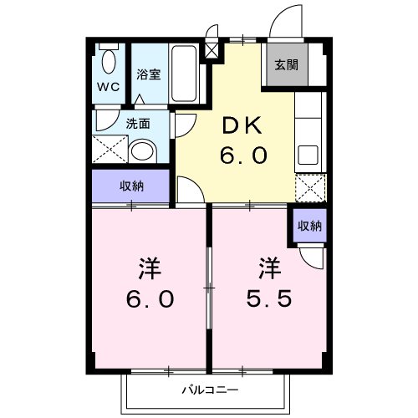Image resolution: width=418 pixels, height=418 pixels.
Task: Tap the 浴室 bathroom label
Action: coord(150,74)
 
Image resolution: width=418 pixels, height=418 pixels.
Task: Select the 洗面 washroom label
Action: coord(139,124)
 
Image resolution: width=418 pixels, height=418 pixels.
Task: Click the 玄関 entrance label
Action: coord(286,65)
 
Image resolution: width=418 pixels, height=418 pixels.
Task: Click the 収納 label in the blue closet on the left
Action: coord(131,186)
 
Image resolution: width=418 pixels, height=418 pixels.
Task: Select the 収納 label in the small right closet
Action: coord(308,225)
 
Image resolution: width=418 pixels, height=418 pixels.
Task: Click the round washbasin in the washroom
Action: coord(144,151)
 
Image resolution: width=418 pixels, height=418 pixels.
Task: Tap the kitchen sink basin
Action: coord(308,156)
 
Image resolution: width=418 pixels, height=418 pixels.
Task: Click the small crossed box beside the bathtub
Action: coord(212,49)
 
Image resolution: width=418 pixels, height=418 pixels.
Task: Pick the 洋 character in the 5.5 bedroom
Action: coord(268,269)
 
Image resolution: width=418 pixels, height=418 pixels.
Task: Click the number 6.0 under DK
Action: coord(242,157)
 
